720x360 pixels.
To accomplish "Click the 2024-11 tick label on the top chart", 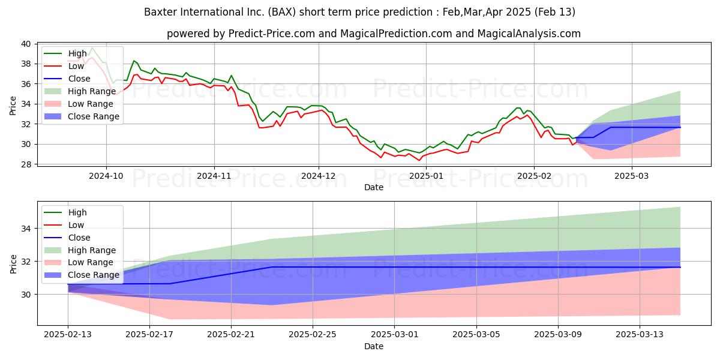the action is click(214, 176).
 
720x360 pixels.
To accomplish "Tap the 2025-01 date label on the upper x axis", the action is click(426, 176).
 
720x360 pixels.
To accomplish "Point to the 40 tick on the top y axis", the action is click(26, 44).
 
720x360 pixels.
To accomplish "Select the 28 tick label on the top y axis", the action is click(26, 164).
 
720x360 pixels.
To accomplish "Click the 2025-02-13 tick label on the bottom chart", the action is click(68, 335).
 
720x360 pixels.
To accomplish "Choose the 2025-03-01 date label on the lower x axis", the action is click(395, 335).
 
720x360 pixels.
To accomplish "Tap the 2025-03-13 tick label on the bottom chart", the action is click(640, 335).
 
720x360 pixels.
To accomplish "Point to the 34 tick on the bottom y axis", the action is click(26, 229).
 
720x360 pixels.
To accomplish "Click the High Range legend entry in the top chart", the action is click(80, 91).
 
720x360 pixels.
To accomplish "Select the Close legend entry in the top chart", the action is click(67, 79).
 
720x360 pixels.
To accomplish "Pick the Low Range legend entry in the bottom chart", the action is click(79, 262).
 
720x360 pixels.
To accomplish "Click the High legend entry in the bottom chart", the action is click(65, 212).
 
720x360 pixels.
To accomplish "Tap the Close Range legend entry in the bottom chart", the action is click(82, 275).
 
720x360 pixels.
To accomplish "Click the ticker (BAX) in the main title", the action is click(281, 12).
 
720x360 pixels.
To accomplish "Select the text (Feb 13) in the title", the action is click(555, 12).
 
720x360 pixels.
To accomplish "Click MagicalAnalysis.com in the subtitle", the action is click(529, 34).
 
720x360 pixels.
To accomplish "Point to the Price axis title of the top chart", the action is click(13, 106).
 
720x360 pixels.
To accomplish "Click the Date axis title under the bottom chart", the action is click(374, 346).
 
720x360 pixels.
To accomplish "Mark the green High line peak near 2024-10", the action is click(92, 48).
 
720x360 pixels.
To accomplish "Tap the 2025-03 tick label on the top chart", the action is click(632, 176).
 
